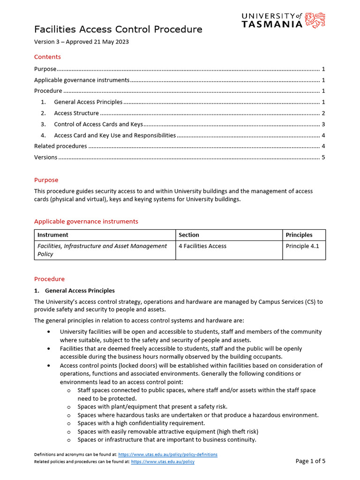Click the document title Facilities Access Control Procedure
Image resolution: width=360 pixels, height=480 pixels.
(118, 30)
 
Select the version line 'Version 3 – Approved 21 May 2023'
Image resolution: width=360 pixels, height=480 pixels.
(81, 42)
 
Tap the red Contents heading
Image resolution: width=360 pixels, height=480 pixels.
(47, 57)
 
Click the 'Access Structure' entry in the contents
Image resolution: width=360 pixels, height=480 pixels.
(76, 113)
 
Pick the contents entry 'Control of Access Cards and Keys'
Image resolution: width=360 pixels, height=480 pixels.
(98, 124)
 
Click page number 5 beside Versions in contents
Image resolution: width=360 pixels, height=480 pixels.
(323, 157)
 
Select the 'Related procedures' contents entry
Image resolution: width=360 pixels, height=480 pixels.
(60, 146)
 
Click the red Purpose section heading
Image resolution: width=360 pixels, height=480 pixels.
(46, 180)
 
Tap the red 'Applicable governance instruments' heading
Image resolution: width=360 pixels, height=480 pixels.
(86, 221)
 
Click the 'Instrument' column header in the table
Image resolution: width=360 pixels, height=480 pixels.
(53, 235)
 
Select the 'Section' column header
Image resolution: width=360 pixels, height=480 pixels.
(189, 235)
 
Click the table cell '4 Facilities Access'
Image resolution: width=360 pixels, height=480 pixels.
(202, 246)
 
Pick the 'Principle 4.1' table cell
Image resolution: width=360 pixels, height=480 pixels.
(302, 246)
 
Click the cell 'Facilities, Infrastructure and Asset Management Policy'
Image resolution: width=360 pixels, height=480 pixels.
(102, 250)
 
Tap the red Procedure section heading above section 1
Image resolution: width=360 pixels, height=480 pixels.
(49, 279)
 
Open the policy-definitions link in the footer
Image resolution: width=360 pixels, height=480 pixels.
(168, 455)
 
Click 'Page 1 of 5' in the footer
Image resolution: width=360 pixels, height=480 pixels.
(310, 461)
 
